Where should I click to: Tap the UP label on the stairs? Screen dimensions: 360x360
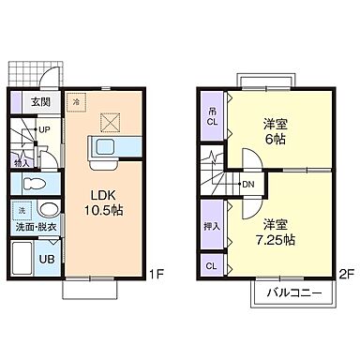tap(44, 130)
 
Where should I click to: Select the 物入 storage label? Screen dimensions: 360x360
tap(22, 161)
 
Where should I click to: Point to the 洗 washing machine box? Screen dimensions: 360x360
tap(22, 210)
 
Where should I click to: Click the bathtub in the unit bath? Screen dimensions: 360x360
tap(22, 256)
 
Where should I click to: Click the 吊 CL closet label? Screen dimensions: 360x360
tap(212, 117)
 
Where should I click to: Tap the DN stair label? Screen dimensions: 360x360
tap(247, 185)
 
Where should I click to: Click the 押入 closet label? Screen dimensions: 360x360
tap(212, 226)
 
